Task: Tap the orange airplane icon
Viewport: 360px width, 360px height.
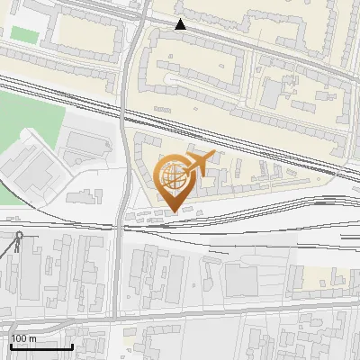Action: click(199, 165)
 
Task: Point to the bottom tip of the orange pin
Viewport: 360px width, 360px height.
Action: click(174, 211)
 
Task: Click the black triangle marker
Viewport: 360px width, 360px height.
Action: click(181, 24)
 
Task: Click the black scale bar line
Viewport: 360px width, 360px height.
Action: click(41, 346)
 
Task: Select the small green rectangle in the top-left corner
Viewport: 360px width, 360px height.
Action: click(23, 33)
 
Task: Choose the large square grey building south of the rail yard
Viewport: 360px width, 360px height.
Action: click(240, 280)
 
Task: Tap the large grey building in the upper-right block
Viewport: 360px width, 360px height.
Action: click(273, 90)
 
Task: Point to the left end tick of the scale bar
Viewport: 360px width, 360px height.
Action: click(11, 346)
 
